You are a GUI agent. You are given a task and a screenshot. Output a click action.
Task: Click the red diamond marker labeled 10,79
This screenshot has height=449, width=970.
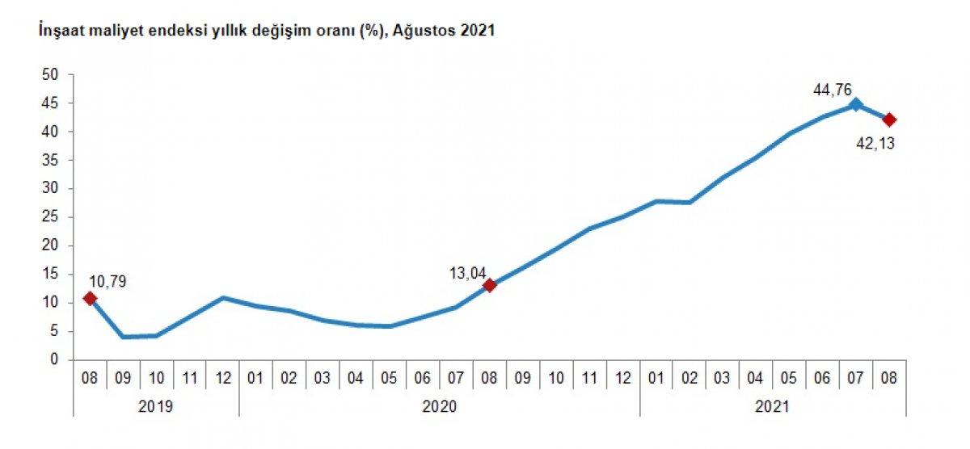coord(90,299)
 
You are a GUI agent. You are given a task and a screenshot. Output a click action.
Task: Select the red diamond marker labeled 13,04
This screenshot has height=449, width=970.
coord(489,285)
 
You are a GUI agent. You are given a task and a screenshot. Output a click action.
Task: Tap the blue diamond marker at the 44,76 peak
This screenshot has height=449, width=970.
coord(855,104)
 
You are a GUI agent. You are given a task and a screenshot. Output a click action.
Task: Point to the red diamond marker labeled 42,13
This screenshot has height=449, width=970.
coord(889,120)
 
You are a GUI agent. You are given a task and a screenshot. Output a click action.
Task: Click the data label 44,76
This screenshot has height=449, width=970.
coord(833,90)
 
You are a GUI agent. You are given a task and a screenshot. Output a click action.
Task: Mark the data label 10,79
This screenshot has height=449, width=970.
coord(108,282)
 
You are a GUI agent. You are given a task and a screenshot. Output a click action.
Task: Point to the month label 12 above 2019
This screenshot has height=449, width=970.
coord(222,377)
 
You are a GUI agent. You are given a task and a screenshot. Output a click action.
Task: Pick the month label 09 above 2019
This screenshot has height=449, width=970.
coord(123,377)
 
